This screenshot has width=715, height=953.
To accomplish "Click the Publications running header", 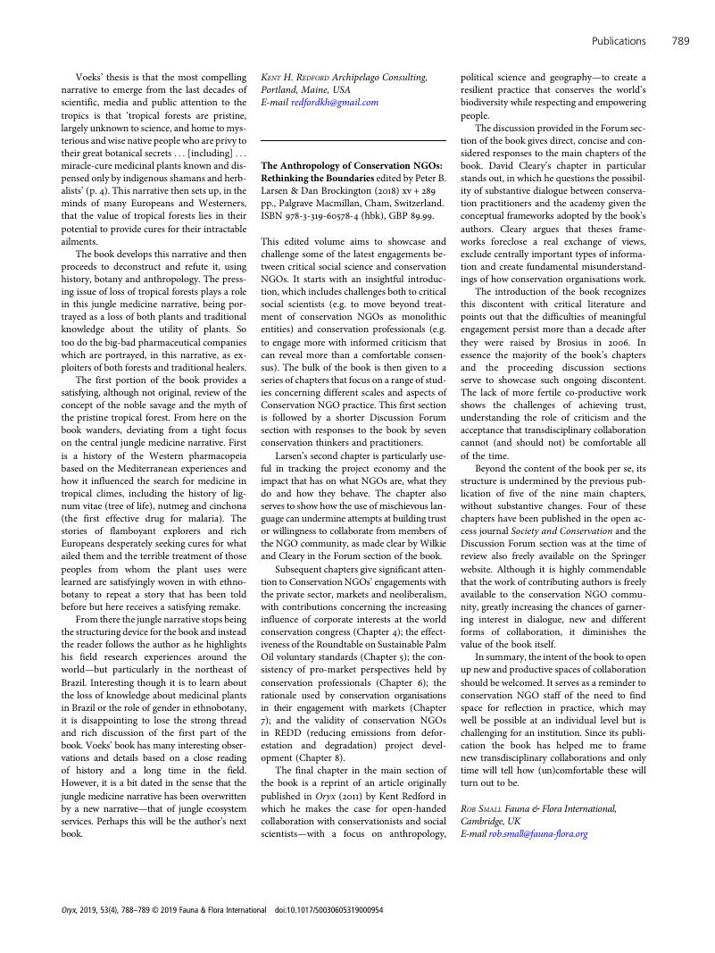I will coord(619,40).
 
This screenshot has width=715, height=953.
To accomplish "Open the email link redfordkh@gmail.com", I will coord(335,102).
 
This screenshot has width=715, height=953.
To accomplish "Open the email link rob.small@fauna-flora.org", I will coord(538,833).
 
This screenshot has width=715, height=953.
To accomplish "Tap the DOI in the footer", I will coord(328,910).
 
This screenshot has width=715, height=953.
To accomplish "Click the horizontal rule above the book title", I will coord(353,141).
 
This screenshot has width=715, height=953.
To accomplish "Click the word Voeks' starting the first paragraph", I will coord(94,78).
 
